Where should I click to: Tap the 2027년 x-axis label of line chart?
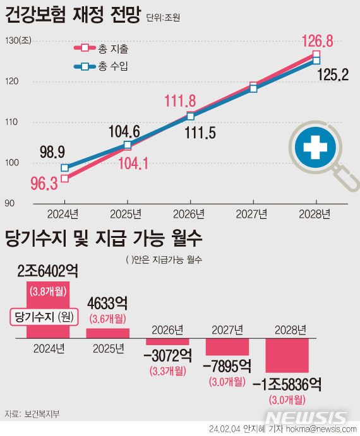point(252,214)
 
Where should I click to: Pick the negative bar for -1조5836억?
point(287,355)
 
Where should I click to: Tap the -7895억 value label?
point(227,366)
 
